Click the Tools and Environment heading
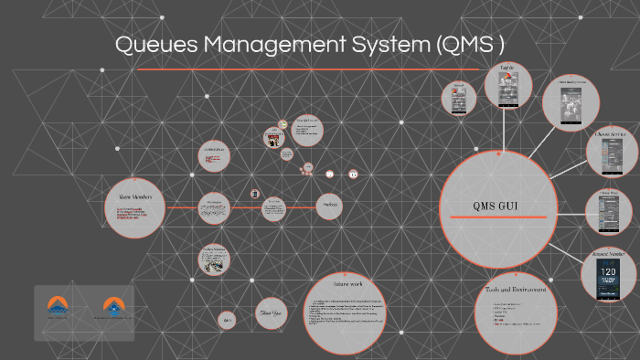tap(517, 290)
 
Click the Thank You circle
tap(272, 313)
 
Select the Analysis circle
tap(329, 206)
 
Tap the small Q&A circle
tap(226, 320)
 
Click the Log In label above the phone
tap(507, 68)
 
